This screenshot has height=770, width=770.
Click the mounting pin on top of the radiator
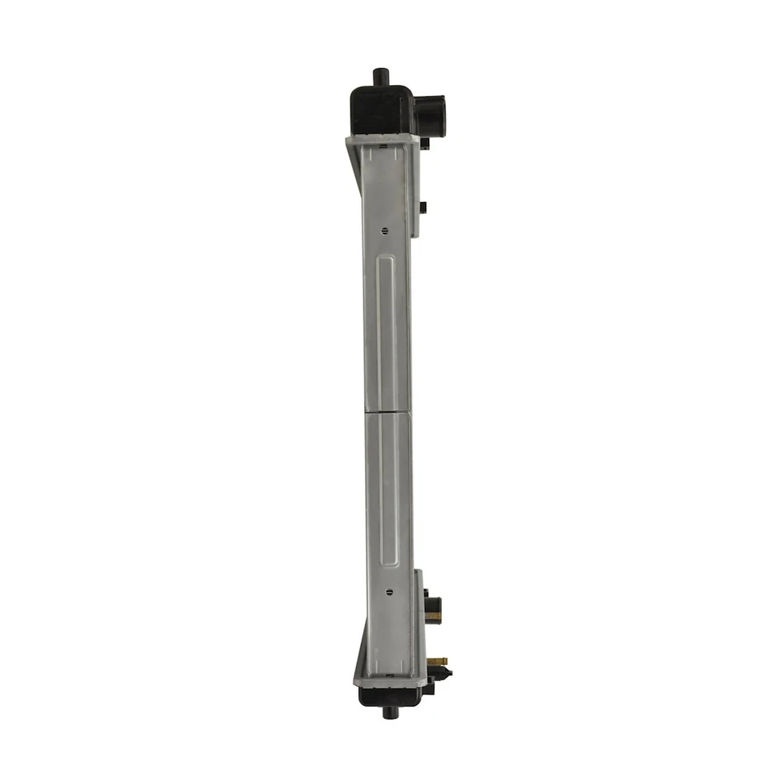coord(379,77)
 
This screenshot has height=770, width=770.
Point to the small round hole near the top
coord(385,231)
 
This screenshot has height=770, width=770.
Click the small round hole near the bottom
coord(389,592)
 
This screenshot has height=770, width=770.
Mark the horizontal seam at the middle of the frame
coord(388,413)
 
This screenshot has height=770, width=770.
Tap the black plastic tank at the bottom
coord(391,695)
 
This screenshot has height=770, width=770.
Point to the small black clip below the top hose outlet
coord(424,144)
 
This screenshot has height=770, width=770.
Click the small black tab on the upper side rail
coord(423,207)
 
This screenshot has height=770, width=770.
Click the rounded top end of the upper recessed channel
coord(387,260)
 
